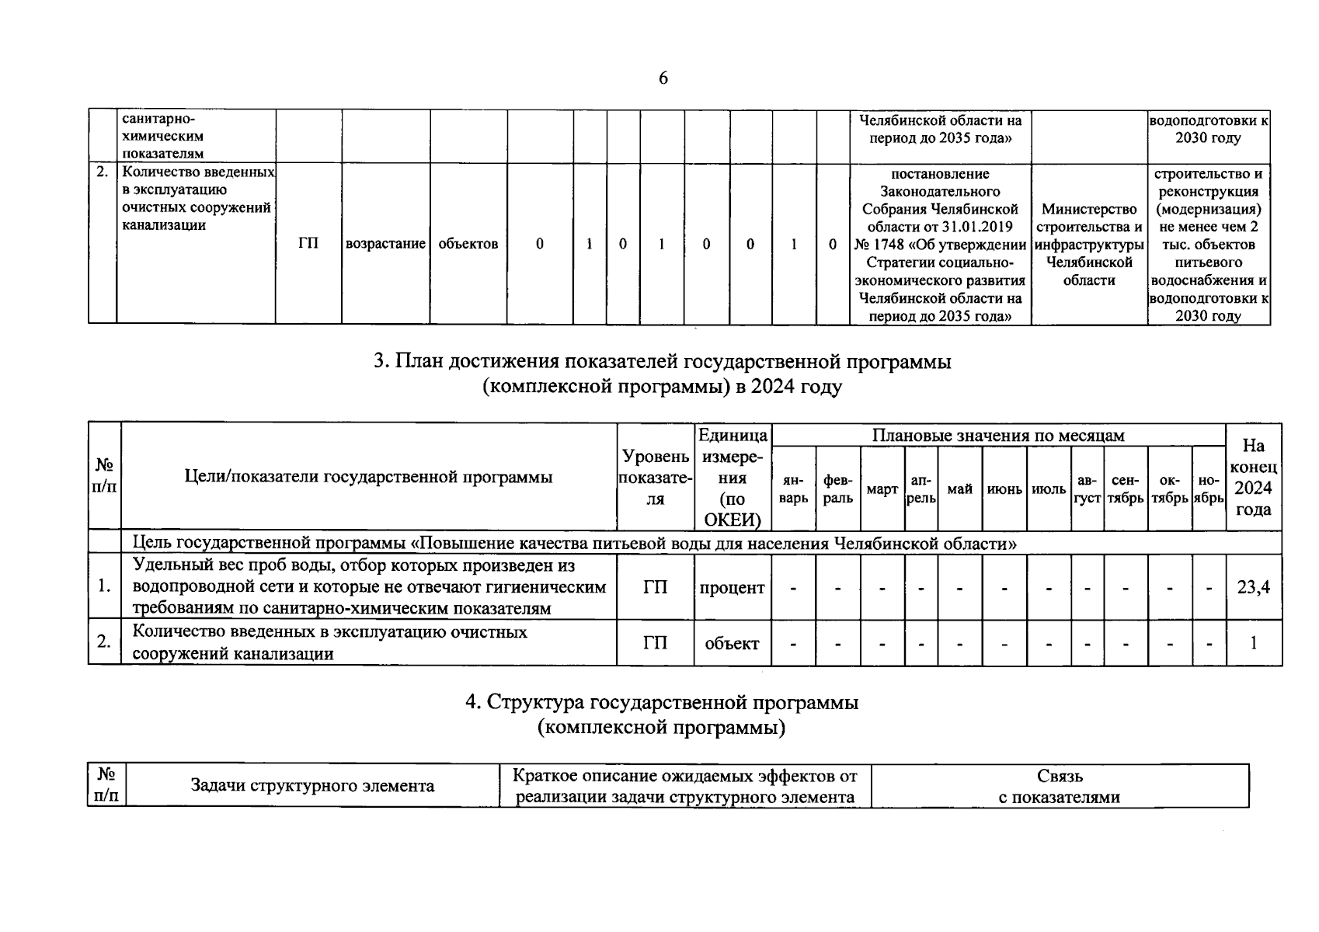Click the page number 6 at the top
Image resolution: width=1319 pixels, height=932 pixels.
point(663,78)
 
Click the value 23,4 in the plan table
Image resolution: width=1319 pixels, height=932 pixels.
point(1253,588)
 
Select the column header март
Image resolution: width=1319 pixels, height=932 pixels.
point(882,490)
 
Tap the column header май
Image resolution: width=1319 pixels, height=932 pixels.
point(959,489)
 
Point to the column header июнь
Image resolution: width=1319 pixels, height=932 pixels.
point(1004,490)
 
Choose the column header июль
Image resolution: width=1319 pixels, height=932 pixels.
point(1049,490)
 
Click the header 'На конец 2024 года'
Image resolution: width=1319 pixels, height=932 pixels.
point(1253,477)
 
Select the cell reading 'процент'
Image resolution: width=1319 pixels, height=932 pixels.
point(732,588)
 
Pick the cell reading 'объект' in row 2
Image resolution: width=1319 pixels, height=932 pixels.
point(732,643)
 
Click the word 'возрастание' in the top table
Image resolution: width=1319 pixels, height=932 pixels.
point(385,244)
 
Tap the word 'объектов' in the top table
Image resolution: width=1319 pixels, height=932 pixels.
point(468,244)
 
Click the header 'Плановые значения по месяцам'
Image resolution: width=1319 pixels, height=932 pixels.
point(998,436)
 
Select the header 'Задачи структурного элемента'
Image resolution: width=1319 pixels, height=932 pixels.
point(312,786)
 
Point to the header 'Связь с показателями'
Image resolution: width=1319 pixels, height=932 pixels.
point(1060,786)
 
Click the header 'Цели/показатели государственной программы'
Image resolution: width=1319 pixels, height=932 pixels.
point(369,477)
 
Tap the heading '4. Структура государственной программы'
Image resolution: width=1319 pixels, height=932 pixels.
point(662,703)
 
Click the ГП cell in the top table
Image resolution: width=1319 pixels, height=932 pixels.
point(308,244)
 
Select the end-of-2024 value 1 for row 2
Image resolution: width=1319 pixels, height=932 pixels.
point(1253,643)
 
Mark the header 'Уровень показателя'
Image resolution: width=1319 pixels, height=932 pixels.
point(655,477)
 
